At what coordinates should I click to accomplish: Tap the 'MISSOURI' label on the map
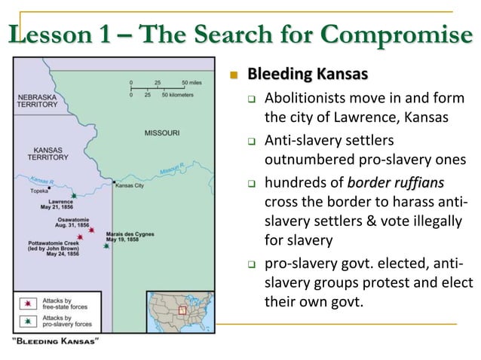tap(162, 133)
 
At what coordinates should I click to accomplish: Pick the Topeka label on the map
tap(39, 191)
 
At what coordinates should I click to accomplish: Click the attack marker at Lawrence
tap(72, 195)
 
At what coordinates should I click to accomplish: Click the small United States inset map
tap(184, 310)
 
